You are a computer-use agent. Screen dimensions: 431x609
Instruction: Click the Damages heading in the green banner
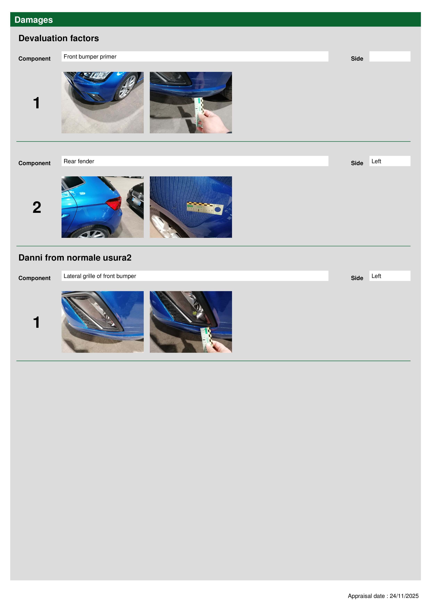point(34,20)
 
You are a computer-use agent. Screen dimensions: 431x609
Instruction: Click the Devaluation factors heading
point(59,38)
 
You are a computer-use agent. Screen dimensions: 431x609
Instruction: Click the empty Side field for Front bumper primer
point(390,56)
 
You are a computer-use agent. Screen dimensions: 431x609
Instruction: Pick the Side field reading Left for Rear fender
point(390,161)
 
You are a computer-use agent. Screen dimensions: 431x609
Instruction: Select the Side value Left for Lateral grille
point(390,276)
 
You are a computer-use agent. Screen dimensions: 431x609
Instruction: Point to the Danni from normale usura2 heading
point(75,258)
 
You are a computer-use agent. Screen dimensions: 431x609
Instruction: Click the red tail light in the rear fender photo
point(114,203)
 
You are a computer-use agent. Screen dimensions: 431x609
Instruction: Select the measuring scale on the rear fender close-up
point(205,208)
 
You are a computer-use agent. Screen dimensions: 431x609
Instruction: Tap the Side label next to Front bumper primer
point(357,59)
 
